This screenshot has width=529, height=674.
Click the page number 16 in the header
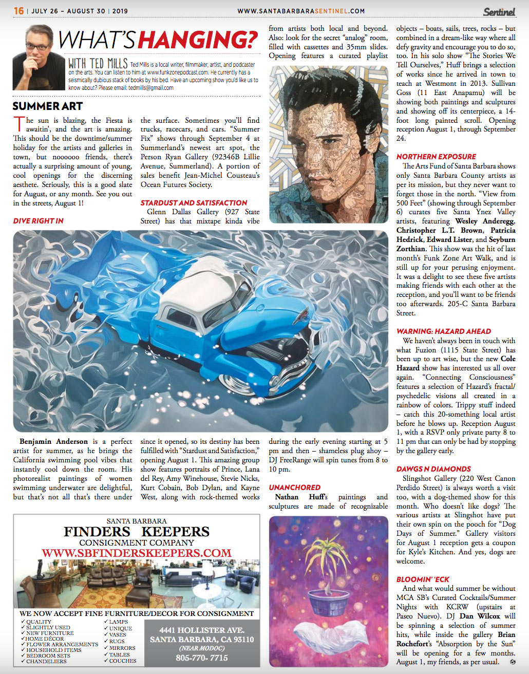18,11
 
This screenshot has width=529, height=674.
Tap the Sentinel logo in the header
499,11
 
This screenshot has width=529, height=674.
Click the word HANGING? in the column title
198,40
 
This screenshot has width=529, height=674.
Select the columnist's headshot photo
39,58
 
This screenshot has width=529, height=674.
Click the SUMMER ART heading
47,106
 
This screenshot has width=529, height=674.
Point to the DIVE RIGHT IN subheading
39,221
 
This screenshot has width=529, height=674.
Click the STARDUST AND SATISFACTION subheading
194,203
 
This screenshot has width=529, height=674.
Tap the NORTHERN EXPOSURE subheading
436,157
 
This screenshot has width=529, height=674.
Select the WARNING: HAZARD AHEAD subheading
443,331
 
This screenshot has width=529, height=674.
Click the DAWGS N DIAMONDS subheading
433,469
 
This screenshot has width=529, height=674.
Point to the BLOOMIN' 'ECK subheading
423,579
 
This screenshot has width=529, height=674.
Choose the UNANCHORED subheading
294,488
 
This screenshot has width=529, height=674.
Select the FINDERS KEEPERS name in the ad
137,532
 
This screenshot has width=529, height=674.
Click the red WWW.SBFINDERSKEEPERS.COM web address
137,553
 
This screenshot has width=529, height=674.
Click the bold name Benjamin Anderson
53,441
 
